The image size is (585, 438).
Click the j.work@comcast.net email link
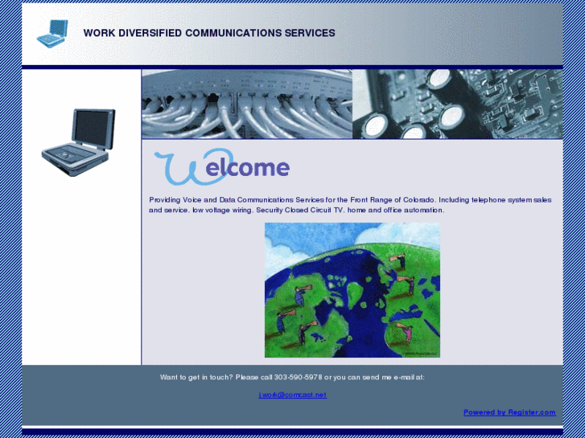[292, 395]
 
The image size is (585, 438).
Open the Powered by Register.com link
[509, 412]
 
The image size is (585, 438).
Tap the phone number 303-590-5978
[298, 377]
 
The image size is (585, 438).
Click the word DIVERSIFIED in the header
[146, 34]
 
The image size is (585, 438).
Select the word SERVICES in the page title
[310, 34]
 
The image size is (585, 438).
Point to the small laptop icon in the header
[53, 32]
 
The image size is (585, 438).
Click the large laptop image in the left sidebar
[79, 143]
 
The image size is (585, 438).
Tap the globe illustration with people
[352, 290]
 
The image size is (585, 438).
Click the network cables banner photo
[247, 104]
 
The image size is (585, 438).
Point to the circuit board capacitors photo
[457, 104]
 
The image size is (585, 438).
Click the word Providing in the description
[166, 199]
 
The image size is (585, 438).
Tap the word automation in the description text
[423, 210]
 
